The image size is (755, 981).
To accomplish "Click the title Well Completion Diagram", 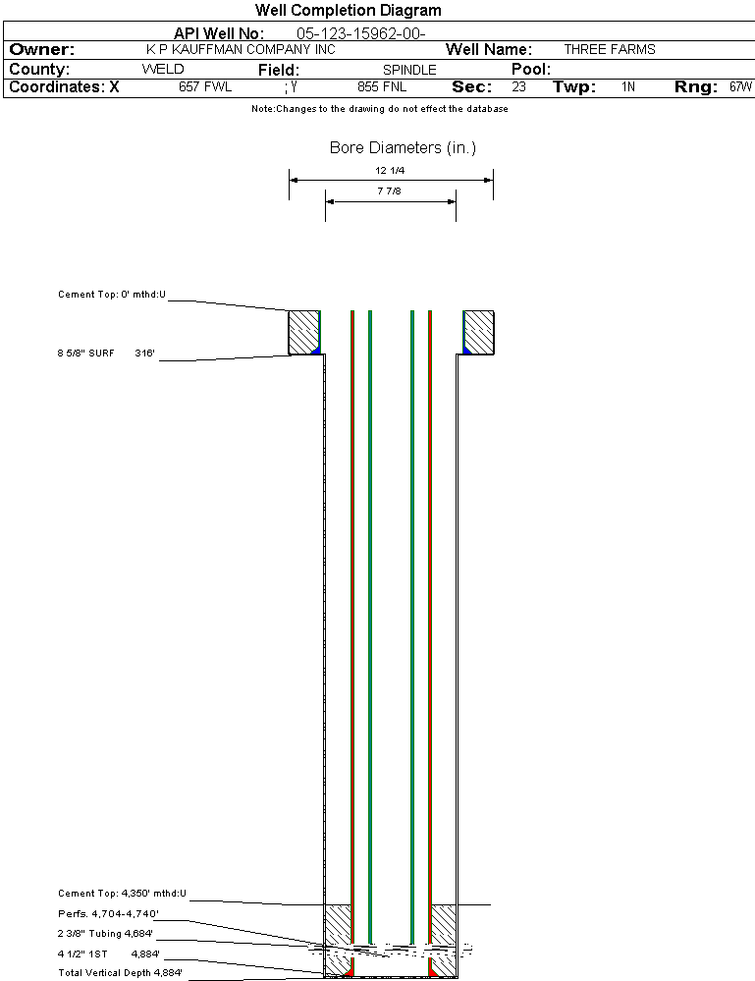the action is pos(348,11).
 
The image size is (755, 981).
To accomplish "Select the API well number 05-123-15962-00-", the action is pos(361,33).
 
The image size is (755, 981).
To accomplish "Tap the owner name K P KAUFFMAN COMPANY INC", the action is pos(241,49).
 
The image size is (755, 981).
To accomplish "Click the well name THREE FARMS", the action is pos(610,49).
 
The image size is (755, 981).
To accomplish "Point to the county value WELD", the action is pos(163,69).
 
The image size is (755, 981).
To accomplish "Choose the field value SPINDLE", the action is pos(409,70).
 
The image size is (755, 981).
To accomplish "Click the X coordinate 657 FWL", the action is pos(205,86).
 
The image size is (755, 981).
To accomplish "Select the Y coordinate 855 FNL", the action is pos(382,86).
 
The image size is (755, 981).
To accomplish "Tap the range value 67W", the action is pos(740,86).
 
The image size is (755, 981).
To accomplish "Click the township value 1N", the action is pos(628,86).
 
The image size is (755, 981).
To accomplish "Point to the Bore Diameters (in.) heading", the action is pos(403,147).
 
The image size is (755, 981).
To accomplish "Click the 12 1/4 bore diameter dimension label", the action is pos(390,170).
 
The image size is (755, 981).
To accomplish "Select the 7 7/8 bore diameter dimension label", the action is pos(389,191).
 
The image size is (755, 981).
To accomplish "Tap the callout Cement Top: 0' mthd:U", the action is pos(112,295).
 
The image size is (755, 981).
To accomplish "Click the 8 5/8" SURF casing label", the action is pos(85,353).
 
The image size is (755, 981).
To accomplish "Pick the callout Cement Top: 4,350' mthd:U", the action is pos(122,894).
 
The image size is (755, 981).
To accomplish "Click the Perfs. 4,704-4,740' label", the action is pos(108,914).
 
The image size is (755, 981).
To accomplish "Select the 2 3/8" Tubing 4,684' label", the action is pos(105,934).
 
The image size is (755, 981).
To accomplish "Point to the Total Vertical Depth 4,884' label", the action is pos(120,973).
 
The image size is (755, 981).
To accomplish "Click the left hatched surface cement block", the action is pos(304,333).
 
